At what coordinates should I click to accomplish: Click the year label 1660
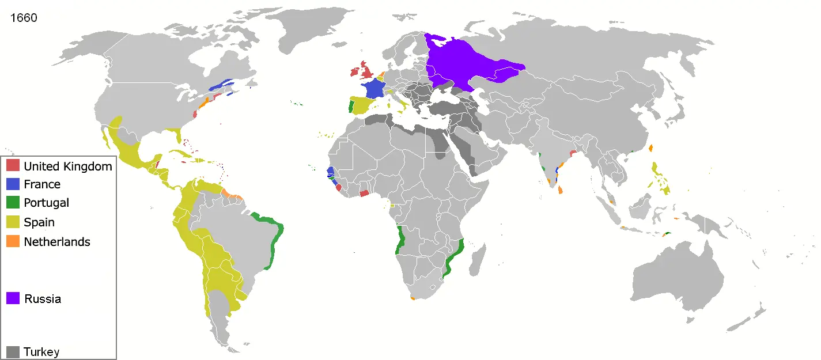tap(24, 18)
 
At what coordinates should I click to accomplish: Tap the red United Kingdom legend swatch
tap(13, 166)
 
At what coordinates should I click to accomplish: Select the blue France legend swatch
tap(13, 184)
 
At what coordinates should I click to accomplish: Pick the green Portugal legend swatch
tap(13, 203)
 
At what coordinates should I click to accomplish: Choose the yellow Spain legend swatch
tap(13, 222)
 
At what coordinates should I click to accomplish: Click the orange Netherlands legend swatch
tap(13, 241)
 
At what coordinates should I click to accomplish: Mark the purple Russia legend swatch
tap(13, 298)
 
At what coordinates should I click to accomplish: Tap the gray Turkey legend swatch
tap(13, 351)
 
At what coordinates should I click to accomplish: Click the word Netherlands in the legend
tap(57, 242)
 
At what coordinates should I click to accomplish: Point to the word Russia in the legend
tap(43, 299)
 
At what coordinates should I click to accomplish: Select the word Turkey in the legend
tap(41, 352)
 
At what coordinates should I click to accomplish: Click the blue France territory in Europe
tap(373, 89)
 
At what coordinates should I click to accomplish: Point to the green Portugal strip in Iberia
tap(351, 107)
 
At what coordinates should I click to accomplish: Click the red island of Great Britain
tap(367, 72)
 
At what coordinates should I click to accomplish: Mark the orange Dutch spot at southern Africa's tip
tap(413, 298)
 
